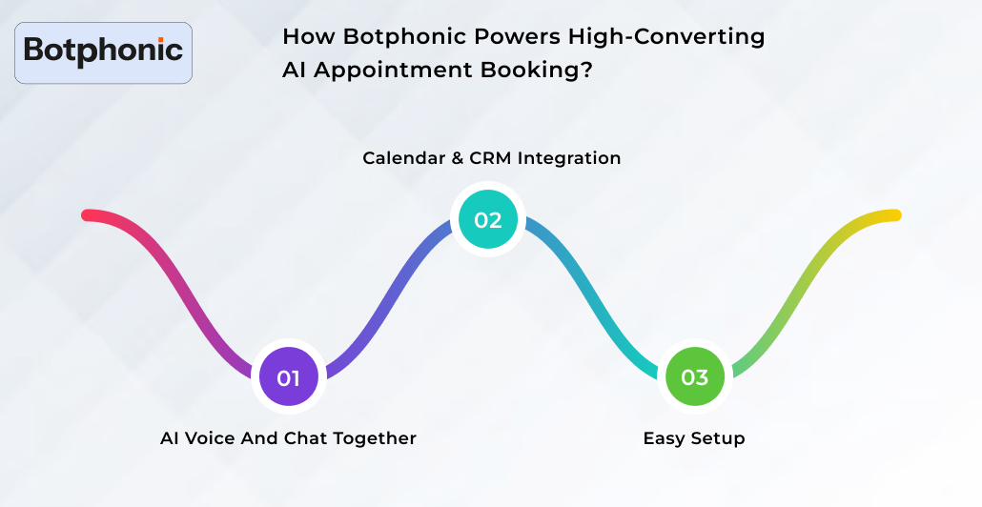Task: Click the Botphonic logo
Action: (x=104, y=51)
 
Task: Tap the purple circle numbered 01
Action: (x=289, y=377)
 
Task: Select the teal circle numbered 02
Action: (x=487, y=219)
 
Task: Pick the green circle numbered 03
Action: (x=694, y=377)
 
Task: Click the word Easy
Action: (x=664, y=438)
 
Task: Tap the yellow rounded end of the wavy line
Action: (x=895, y=215)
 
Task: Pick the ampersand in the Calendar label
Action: (x=454, y=158)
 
